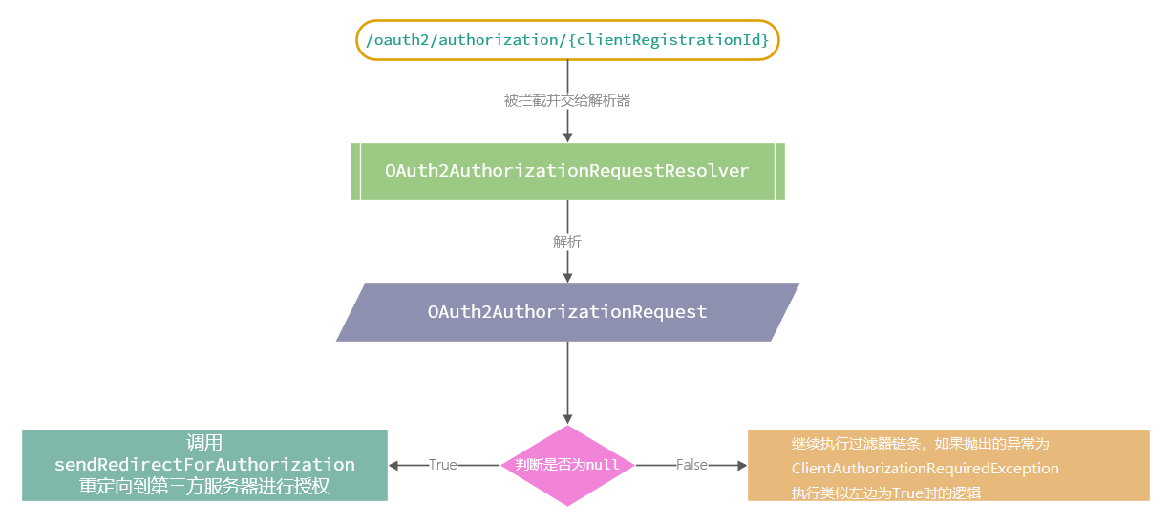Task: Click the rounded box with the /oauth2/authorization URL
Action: (567, 40)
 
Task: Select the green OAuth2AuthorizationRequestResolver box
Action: (567, 171)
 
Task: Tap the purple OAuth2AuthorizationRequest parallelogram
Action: (567, 312)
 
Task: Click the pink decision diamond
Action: (567, 465)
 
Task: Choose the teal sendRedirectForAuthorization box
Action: (204, 465)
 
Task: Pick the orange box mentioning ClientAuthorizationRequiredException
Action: (947, 465)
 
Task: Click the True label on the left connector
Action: (442, 465)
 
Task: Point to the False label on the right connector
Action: (691, 465)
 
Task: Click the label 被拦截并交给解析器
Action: (567, 100)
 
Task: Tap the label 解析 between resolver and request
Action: (567, 241)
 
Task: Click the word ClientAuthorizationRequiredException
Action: (925, 469)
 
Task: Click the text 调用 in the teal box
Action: (204, 443)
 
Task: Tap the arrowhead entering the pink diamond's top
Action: (567, 418)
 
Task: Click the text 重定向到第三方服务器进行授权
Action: (204, 487)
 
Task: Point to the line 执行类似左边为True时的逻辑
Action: (886, 493)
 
